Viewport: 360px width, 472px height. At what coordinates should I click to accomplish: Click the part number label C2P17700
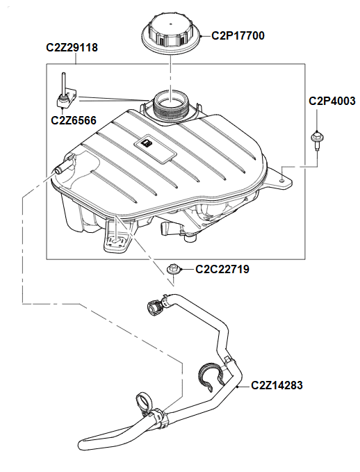238,35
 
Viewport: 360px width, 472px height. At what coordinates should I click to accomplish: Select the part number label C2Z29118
72,48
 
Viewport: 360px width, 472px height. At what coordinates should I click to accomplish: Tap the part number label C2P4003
332,101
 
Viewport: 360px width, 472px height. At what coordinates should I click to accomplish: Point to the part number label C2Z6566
74,120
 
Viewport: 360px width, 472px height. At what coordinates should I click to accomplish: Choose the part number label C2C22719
222,268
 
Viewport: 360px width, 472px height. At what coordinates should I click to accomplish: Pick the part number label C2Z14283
277,384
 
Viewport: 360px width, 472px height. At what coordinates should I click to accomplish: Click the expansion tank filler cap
170,33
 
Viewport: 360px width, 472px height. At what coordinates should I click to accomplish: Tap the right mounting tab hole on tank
281,179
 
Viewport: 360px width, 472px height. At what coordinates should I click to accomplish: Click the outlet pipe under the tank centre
171,229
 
